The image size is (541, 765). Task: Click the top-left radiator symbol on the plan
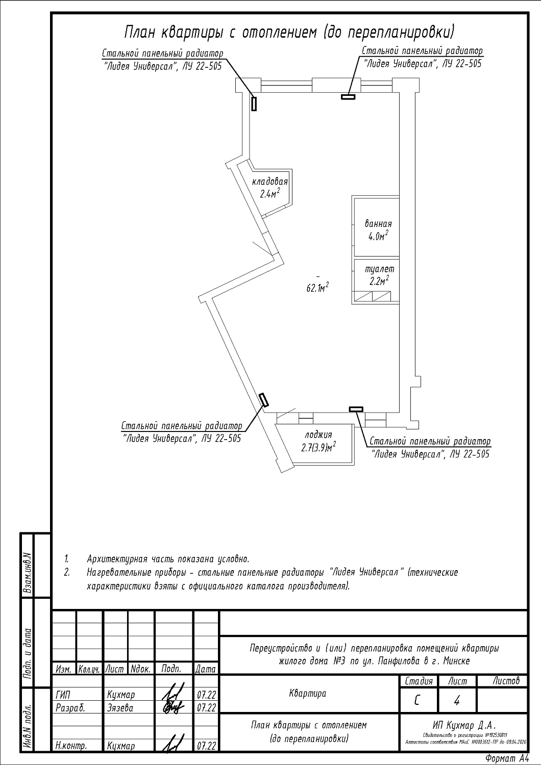254,103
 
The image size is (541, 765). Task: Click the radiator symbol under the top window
348,96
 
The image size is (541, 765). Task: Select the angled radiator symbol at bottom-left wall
263,400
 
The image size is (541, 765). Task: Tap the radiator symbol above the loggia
356,409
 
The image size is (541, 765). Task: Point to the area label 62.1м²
317,288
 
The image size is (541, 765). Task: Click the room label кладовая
270,182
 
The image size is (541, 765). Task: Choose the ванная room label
378,223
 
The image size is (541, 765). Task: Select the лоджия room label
318,435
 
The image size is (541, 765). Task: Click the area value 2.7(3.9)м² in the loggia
318,448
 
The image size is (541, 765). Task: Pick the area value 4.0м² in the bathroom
378,236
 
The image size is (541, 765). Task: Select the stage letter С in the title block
417,701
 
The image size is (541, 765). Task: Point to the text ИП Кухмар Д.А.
464,725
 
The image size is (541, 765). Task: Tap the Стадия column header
419,681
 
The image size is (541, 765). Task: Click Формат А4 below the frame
507,758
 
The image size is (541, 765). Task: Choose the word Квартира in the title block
308,694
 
